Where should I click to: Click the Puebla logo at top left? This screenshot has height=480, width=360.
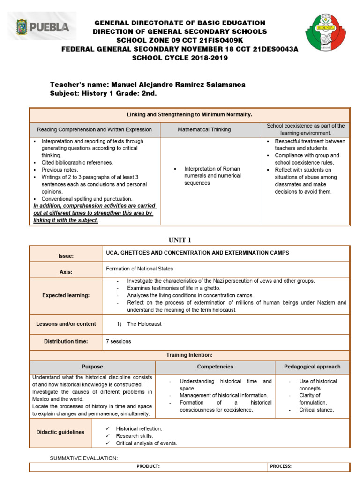click(43, 27)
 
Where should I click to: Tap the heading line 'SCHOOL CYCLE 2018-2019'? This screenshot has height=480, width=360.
click(180, 58)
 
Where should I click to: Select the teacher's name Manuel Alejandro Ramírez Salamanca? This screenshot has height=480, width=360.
click(178, 84)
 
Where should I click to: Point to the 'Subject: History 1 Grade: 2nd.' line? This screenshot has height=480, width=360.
click(103, 93)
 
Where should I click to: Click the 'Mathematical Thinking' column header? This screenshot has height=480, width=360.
click(210, 129)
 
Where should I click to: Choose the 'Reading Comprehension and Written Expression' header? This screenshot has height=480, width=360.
click(95, 129)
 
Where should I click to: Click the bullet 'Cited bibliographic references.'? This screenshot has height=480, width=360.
click(77, 163)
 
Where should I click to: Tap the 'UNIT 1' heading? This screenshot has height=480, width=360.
click(180, 240)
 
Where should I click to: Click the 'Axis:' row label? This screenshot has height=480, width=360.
click(66, 272)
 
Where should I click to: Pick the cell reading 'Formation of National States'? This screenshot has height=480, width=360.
click(140, 269)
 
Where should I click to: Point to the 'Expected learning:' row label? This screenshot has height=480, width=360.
click(66, 295)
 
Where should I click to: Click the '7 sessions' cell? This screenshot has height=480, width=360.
click(119, 341)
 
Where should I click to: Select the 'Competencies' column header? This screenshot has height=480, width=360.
click(215, 367)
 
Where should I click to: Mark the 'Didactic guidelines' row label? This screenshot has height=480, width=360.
click(60, 432)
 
